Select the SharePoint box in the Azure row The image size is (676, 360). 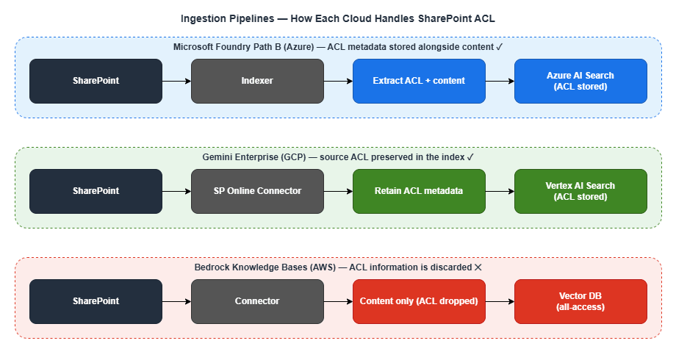tap(96, 81)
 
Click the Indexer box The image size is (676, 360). tap(257, 81)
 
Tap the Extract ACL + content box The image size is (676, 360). tap(419, 81)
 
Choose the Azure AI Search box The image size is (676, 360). tap(580, 81)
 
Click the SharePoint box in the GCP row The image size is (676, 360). tap(96, 191)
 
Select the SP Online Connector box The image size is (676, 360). tap(257, 191)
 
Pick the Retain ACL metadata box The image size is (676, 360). tap(419, 191)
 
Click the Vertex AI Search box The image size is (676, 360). tap(580, 191)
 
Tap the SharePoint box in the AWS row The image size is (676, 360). tap(96, 301)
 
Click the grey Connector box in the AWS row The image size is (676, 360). tap(257, 301)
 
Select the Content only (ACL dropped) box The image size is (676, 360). tap(419, 301)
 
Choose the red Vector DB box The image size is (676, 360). tap(580, 301)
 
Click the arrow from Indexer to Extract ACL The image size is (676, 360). tap(338, 81)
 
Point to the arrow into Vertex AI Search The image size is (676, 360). tap(500, 191)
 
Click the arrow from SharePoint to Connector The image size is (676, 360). tap(176, 301)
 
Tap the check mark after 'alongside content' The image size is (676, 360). tap(500, 47)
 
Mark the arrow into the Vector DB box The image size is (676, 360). tap(500, 301)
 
